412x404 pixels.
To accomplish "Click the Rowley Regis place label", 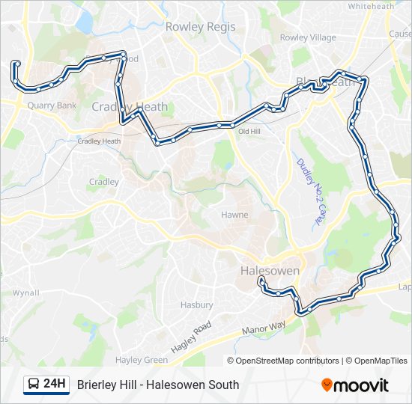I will click(200, 27).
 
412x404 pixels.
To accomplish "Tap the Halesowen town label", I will click(270, 270).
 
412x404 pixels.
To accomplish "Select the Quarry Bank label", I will click(52, 105).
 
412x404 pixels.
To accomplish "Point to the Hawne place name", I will click(234, 215).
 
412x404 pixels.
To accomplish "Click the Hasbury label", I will click(197, 305).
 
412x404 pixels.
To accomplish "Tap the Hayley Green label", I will click(145, 360).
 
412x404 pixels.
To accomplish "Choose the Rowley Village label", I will click(308, 37).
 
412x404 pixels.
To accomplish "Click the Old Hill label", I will click(249, 132).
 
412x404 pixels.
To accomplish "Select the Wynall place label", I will click(25, 293).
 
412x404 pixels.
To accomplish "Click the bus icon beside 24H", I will click(34, 385).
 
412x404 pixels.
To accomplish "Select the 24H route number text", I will click(55, 385).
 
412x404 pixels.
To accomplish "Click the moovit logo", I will click(355, 385).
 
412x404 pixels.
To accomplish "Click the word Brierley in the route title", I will click(97, 385).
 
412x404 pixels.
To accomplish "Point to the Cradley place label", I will click(104, 182).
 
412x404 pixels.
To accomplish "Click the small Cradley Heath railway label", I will click(99, 141).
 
